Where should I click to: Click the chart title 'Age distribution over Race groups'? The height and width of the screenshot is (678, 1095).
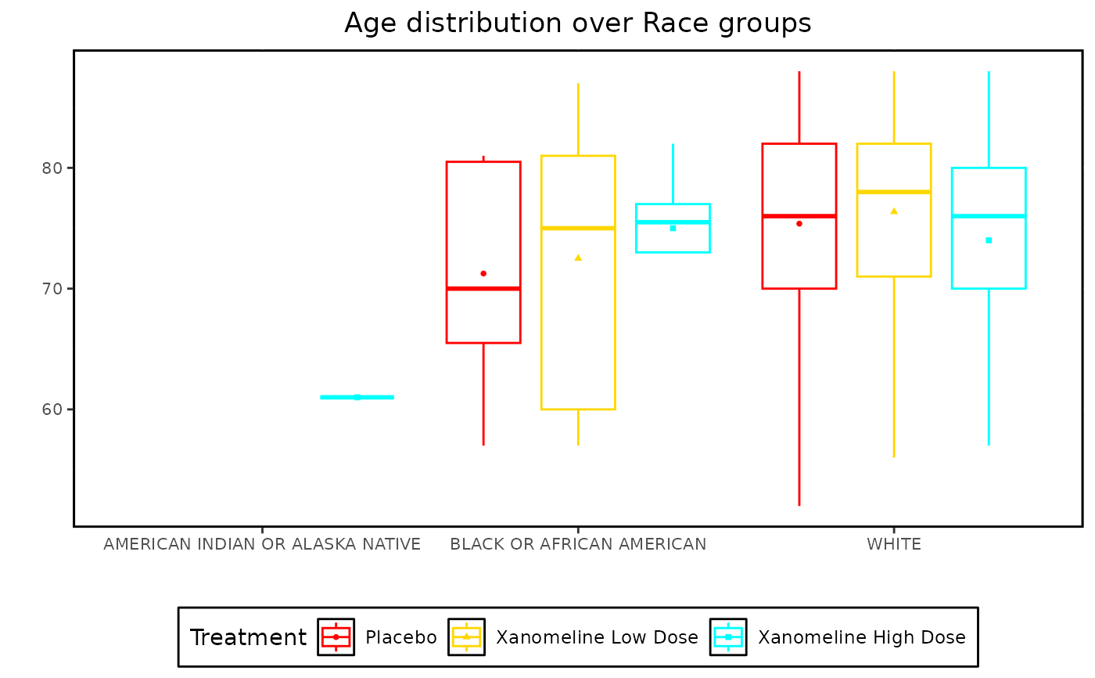click(x=578, y=23)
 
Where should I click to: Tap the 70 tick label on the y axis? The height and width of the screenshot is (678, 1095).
click(x=52, y=289)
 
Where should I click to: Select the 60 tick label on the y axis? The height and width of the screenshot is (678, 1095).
click(x=52, y=409)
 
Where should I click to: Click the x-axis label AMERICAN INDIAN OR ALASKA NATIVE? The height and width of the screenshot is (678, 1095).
click(x=262, y=544)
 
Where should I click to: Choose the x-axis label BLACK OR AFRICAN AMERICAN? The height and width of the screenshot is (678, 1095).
click(x=578, y=544)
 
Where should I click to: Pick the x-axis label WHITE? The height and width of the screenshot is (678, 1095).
click(x=894, y=544)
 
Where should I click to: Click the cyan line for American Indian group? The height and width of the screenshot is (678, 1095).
click(x=357, y=397)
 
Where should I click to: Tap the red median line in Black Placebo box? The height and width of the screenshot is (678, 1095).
click(x=483, y=289)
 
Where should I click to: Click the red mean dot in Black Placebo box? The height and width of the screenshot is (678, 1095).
click(x=483, y=273)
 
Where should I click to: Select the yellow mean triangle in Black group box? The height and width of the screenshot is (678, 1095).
click(x=578, y=258)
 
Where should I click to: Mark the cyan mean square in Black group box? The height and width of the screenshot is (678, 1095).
click(x=673, y=229)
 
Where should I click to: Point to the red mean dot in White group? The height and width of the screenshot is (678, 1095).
click(x=799, y=224)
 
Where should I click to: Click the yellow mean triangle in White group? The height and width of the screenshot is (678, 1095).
click(x=894, y=211)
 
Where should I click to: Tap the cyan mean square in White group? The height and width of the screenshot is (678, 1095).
click(x=989, y=240)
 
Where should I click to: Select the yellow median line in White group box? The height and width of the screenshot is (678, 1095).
click(x=894, y=192)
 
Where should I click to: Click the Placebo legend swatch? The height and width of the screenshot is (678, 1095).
click(x=336, y=637)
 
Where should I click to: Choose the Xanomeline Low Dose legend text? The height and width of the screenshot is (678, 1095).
click(x=597, y=637)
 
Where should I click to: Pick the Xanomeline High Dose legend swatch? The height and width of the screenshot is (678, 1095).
click(x=728, y=637)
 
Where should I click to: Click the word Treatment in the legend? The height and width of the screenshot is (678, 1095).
click(x=248, y=637)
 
